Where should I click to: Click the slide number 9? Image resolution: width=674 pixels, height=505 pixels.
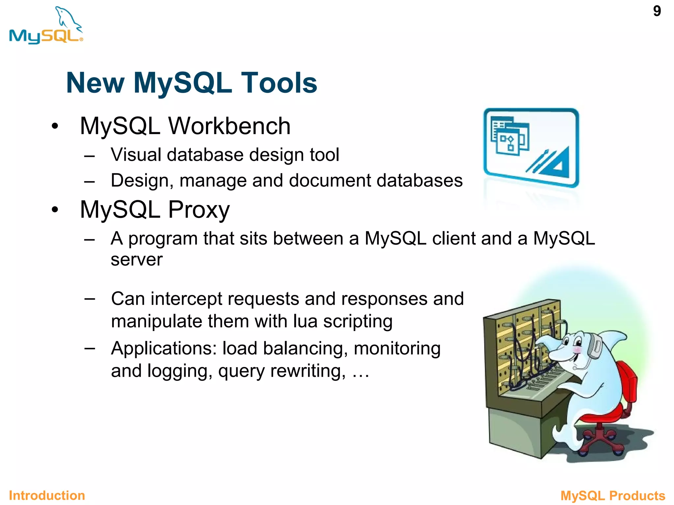coord(657,11)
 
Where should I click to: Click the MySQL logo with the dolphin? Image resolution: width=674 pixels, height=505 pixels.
coord(46,26)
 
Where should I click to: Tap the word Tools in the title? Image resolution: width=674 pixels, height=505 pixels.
coord(279,83)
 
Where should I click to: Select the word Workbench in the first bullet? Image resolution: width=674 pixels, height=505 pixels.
coord(229,126)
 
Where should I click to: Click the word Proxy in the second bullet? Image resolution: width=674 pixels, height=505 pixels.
coord(199,210)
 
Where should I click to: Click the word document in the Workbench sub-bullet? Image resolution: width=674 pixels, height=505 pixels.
coord(329,180)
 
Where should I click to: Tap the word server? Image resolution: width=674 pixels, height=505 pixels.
coord(137,260)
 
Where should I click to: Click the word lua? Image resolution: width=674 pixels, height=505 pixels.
coord(305,321)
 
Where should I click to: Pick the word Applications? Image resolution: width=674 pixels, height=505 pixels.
coord(164,349)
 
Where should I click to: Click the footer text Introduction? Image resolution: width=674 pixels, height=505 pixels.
coord(47,495)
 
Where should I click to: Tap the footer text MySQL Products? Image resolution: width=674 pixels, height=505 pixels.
coord(613,495)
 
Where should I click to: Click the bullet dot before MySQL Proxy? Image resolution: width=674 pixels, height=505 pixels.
coord(55,209)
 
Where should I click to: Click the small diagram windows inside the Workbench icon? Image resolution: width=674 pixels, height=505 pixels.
coord(509,136)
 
